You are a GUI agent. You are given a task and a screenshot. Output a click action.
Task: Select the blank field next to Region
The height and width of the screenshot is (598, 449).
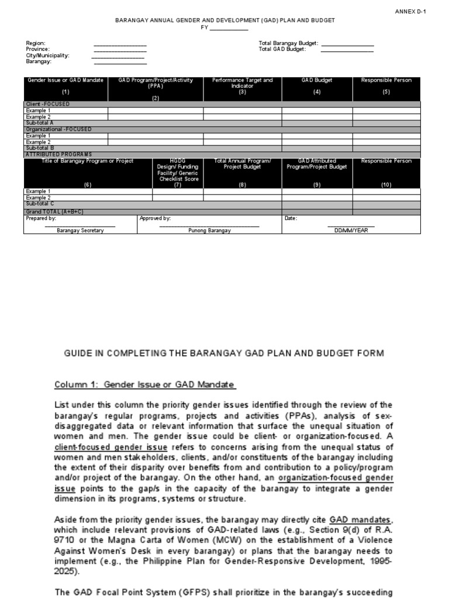pos(120,44)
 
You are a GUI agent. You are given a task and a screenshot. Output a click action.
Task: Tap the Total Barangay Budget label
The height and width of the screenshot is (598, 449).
pos(288,43)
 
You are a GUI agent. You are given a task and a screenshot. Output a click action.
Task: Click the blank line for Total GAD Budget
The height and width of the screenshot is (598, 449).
pos(347,50)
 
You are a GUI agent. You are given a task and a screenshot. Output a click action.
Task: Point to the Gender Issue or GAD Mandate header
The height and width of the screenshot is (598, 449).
pos(65,80)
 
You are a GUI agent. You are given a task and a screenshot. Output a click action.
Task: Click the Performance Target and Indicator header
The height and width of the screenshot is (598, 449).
pos(242,82)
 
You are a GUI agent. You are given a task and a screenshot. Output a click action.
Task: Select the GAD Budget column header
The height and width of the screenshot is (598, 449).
pos(317,80)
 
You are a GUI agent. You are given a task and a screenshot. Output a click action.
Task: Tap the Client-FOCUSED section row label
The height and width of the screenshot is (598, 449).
pos(47,104)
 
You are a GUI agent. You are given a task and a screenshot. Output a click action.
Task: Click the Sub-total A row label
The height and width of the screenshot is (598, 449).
pos(40,123)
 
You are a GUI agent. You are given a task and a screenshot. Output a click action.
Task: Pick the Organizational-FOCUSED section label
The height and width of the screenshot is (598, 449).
pos(58,129)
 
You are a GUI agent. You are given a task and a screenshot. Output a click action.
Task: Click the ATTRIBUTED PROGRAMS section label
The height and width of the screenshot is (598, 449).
pos(58,154)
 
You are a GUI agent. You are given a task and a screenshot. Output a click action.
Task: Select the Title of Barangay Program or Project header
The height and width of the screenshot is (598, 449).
pos(88,161)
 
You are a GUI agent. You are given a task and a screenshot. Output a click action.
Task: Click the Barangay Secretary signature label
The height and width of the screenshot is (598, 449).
pos(80,231)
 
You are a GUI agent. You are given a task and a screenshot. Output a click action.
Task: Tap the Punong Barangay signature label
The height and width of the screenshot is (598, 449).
pos(209,231)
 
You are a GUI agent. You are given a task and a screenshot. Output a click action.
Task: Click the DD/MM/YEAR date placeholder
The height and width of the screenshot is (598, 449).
pos(351,231)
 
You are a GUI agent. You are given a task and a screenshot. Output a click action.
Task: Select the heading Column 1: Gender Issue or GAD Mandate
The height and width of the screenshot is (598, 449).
pos(144,384)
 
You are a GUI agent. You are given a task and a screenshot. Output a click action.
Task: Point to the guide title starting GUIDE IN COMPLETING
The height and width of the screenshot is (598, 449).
pos(224,353)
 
